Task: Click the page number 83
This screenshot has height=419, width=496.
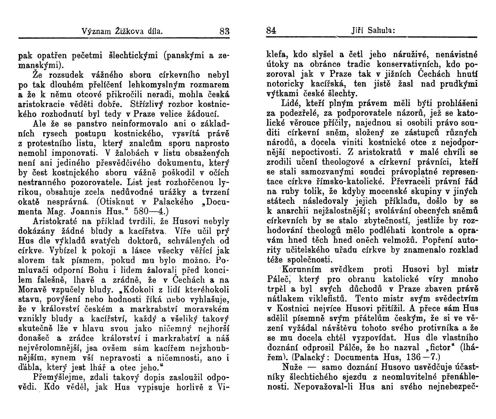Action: [x=224, y=30]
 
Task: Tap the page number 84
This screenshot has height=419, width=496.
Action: [x=271, y=30]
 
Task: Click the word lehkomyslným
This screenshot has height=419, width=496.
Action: [x=156, y=84]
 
